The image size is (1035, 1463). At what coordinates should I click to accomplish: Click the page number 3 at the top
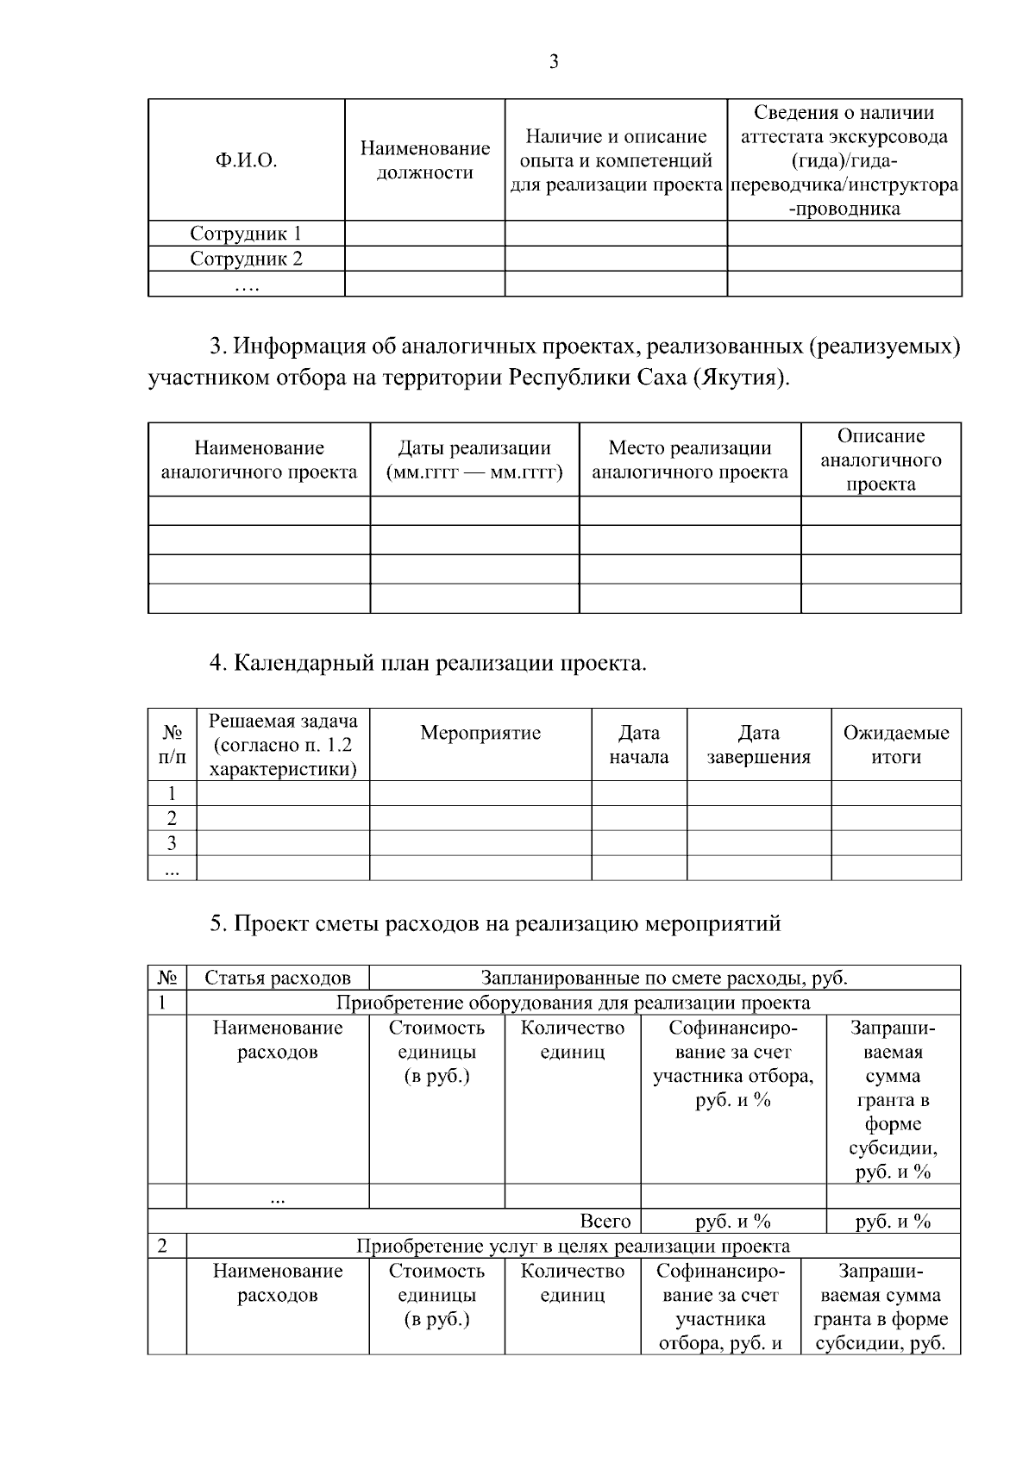click(554, 61)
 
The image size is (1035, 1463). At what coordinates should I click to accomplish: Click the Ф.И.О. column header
click(246, 160)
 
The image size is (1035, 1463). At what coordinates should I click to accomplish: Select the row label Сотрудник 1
click(246, 234)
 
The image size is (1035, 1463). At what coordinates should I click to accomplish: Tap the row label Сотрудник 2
click(246, 259)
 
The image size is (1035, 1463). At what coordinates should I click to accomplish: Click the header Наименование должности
click(424, 160)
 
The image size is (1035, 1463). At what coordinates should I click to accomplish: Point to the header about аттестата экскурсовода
click(844, 160)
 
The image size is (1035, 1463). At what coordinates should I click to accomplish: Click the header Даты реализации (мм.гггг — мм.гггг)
click(474, 460)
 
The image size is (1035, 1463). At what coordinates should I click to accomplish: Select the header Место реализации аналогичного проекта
click(689, 460)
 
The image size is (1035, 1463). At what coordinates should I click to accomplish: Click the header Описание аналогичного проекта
click(880, 460)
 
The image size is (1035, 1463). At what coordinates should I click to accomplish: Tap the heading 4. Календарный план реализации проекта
click(428, 664)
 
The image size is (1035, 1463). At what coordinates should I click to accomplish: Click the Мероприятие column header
click(480, 733)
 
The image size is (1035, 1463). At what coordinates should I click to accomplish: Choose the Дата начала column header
click(638, 745)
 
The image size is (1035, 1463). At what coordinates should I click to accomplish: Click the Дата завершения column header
click(758, 745)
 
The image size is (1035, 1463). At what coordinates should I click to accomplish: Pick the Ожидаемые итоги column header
click(895, 745)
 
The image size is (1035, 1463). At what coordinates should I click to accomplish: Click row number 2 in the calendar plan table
click(172, 818)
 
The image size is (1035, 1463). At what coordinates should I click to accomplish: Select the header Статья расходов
click(278, 978)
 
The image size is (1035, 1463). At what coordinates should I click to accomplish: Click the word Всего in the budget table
click(605, 1222)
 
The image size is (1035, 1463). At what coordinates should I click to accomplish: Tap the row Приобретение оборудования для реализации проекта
click(573, 1003)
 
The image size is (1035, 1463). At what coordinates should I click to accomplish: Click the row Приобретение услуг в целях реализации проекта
click(573, 1247)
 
